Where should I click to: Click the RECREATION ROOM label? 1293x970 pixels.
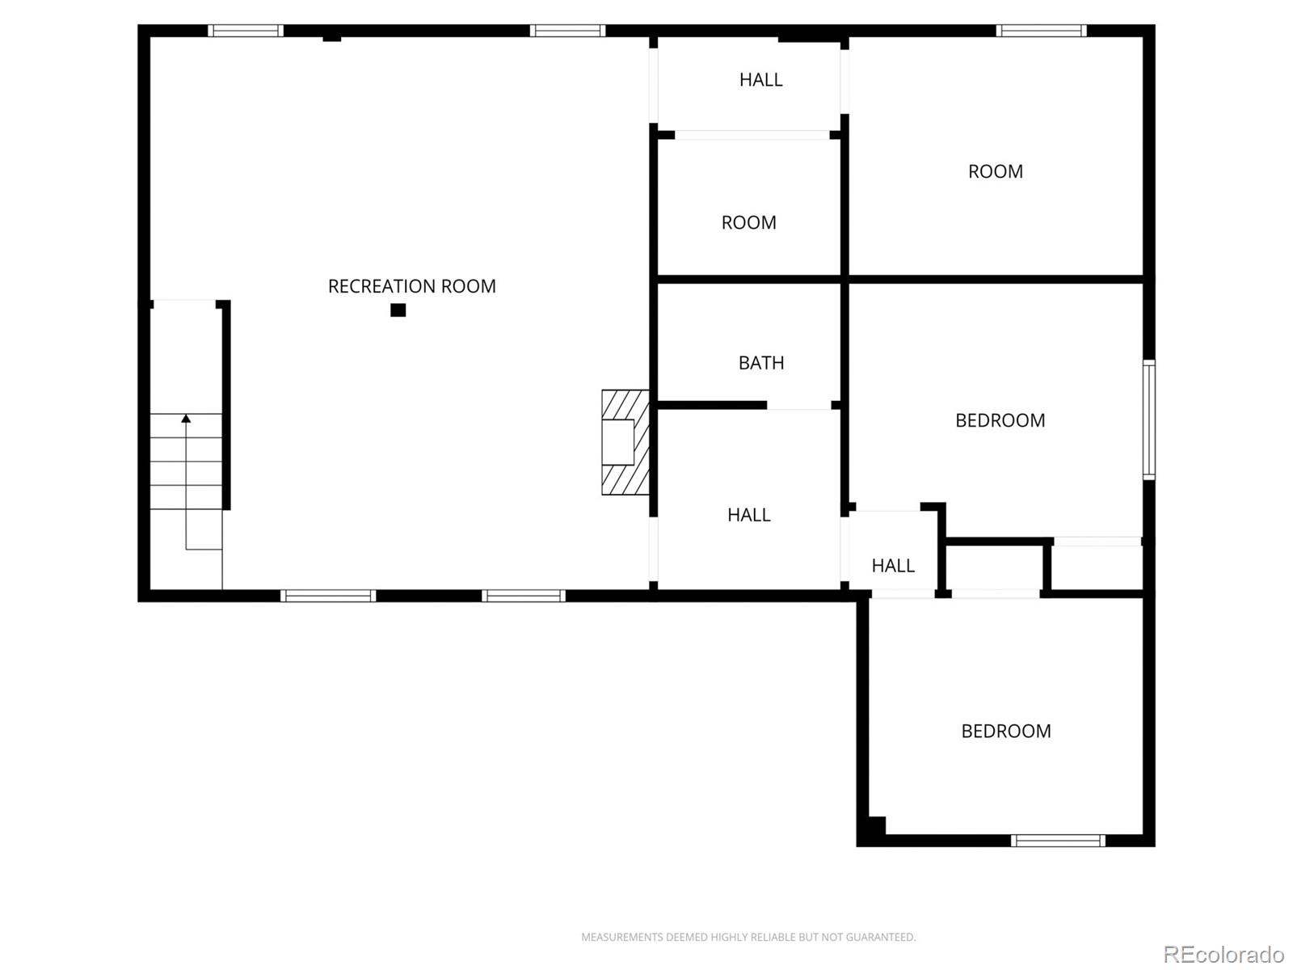(x=412, y=286)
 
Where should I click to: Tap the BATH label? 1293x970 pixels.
(x=761, y=363)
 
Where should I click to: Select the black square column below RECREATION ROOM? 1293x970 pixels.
(x=398, y=310)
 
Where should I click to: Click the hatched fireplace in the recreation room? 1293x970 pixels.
(x=625, y=442)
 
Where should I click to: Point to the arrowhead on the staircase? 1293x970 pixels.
(x=186, y=419)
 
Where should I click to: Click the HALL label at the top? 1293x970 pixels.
(x=761, y=79)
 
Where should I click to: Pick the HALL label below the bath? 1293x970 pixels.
(x=748, y=515)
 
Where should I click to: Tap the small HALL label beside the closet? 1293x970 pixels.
(x=893, y=565)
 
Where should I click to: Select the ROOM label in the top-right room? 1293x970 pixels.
(x=996, y=171)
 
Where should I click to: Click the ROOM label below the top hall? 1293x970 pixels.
(x=748, y=222)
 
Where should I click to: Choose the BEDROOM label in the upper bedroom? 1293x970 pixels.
(x=1000, y=420)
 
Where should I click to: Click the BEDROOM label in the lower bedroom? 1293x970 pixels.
(x=1006, y=731)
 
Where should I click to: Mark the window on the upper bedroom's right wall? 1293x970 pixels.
(x=1148, y=420)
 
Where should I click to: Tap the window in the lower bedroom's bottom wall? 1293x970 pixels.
(x=1058, y=841)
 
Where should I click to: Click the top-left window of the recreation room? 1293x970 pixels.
(x=246, y=31)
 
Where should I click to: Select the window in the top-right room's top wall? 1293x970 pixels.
(x=1042, y=31)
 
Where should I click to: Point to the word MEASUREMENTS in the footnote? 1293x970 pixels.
(x=621, y=937)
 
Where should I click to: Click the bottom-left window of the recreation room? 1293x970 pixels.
(x=328, y=596)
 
